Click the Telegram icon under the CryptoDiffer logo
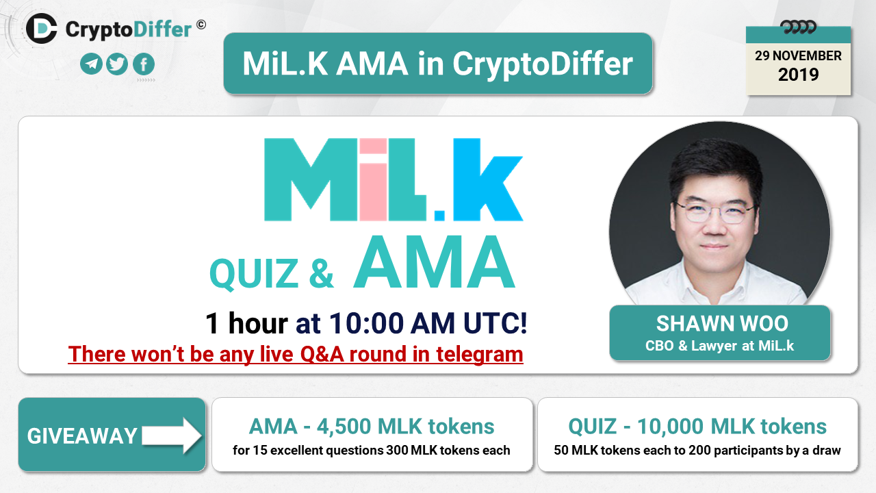point(91,64)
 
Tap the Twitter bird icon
point(117,64)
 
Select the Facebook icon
point(144,64)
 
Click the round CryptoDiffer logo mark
point(42,29)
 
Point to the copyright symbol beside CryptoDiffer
point(201,25)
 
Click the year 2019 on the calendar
point(798,75)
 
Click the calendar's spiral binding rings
point(798,27)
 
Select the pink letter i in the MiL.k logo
point(373,179)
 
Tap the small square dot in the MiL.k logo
point(439,216)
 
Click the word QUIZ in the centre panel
point(254,274)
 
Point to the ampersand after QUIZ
point(321,274)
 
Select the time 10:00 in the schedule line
point(366,323)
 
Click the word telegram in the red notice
point(480,355)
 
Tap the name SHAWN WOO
point(722,324)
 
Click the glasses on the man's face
point(715,212)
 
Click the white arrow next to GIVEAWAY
point(172,435)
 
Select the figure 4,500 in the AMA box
point(344,427)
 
